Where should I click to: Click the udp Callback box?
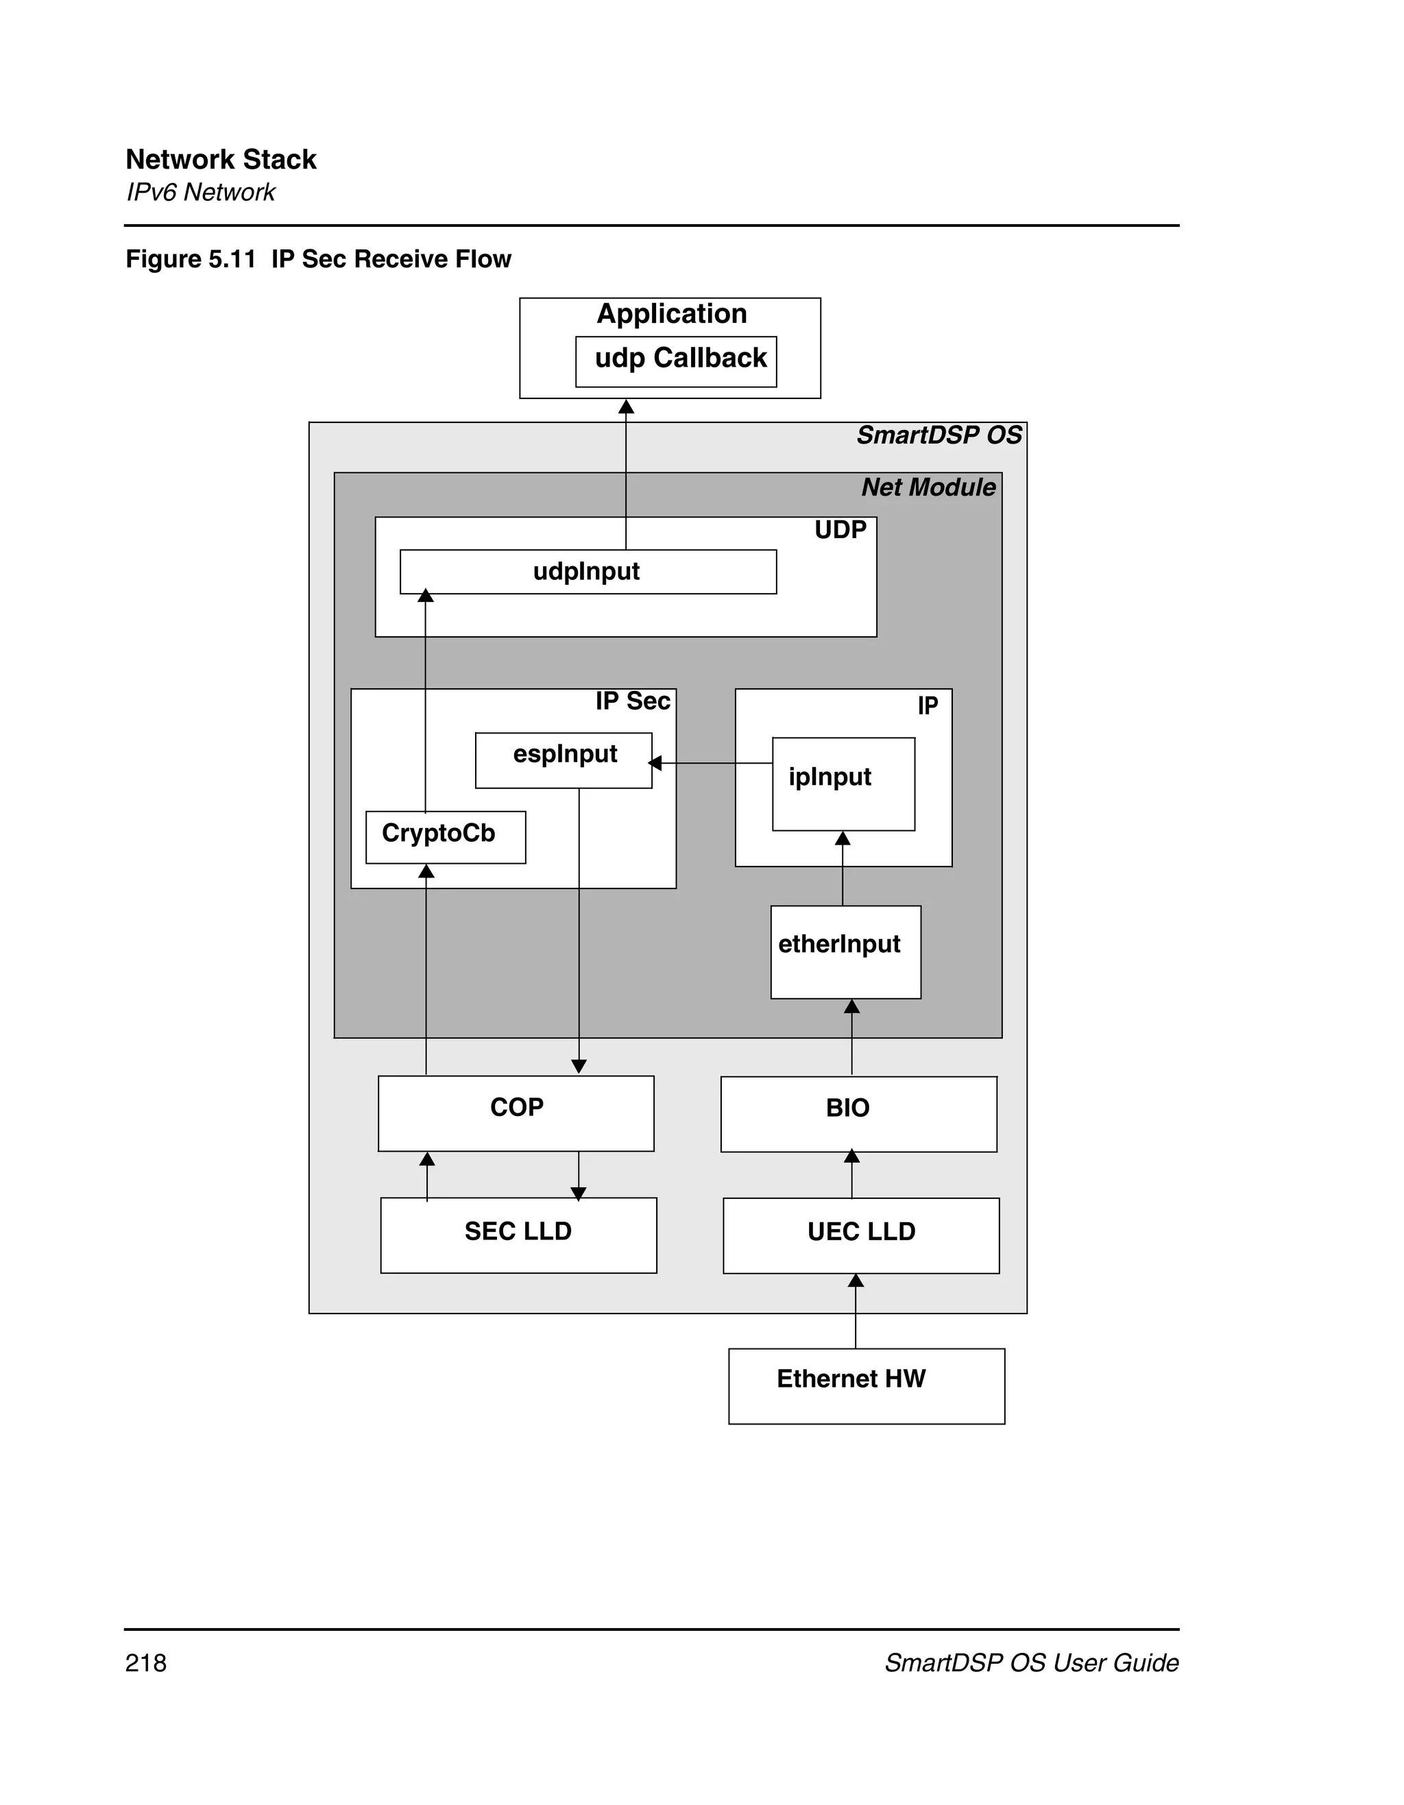click(x=676, y=361)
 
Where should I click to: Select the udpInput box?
click(x=588, y=572)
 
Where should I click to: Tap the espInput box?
click(x=564, y=760)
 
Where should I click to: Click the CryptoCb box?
click(x=446, y=837)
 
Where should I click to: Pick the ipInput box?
click(x=843, y=784)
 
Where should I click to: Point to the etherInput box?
click(x=845, y=952)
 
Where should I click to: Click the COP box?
click(x=516, y=1113)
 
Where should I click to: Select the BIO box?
click(x=858, y=1113)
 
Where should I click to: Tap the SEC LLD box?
click(x=518, y=1235)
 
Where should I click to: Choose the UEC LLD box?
click(x=860, y=1235)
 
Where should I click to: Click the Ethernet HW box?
click(x=866, y=1386)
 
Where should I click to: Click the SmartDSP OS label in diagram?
click(x=939, y=435)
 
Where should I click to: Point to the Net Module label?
click(x=928, y=487)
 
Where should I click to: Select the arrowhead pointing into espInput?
click(x=655, y=763)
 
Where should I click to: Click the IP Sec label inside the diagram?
click(x=632, y=701)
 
